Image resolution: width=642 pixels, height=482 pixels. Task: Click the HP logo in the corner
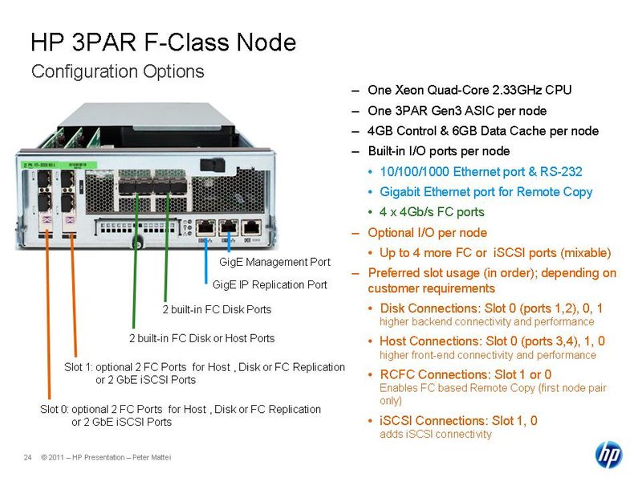pyautogui.click(x=608, y=455)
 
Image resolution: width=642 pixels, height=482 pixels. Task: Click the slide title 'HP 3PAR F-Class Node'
pyautogui.click(x=163, y=43)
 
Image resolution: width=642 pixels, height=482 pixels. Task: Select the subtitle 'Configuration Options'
pyautogui.click(x=117, y=71)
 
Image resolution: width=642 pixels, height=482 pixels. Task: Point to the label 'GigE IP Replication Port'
pyautogui.click(x=270, y=284)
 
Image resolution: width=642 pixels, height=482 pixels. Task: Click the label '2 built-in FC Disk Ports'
pyautogui.click(x=217, y=309)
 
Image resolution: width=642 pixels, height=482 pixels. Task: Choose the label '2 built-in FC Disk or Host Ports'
pyautogui.click(x=202, y=338)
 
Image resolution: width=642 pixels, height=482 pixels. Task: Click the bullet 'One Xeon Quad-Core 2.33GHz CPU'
pyautogui.click(x=469, y=90)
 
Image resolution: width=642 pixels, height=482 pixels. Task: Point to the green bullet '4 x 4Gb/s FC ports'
pyautogui.click(x=432, y=213)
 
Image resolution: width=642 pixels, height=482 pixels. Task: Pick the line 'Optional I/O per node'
pyautogui.click(x=427, y=233)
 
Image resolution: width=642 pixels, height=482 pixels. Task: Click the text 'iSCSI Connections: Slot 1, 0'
pyautogui.click(x=459, y=420)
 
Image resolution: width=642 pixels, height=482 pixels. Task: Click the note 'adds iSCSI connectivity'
pyautogui.click(x=435, y=435)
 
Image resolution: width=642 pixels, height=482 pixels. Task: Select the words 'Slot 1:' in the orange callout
pyautogui.click(x=79, y=367)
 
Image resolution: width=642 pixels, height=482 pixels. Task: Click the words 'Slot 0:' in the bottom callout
pyautogui.click(x=55, y=410)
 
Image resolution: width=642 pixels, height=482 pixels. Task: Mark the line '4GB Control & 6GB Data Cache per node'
pyautogui.click(x=482, y=131)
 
